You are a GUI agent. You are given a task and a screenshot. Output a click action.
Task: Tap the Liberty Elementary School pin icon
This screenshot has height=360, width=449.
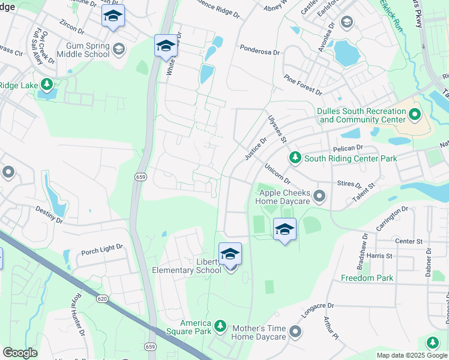pyautogui.click(x=230, y=254)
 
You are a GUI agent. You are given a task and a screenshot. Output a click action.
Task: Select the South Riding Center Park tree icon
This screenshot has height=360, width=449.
pyautogui.click(x=295, y=158)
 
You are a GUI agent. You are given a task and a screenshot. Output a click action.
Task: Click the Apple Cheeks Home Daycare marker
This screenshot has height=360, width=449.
pyautogui.click(x=319, y=196)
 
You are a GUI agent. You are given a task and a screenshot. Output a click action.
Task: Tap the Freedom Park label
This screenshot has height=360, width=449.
pyautogui.click(x=367, y=278)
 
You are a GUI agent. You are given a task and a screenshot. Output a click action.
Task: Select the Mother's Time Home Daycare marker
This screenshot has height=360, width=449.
pyautogui.click(x=295, y=331)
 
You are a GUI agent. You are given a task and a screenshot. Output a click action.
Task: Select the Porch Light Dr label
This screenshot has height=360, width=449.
pyautogui.click(x=102, y=247)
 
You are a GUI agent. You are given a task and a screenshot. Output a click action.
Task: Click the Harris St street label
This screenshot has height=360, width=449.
pyautogui.click(x=381, y=256)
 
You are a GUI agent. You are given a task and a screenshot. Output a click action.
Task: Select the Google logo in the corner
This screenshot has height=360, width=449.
pyautogui.click(x=20, y=353)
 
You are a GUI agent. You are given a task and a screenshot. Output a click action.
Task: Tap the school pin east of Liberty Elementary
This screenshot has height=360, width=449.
pyautogui.click(x=285, y=230)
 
